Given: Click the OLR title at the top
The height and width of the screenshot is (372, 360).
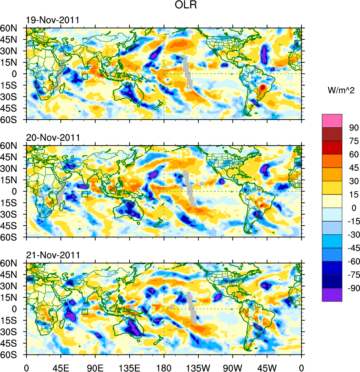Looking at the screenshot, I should pyautogui.click(x=186, y=6).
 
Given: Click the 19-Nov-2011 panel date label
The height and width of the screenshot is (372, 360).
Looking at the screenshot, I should pyautogui.click(x=53, y=20).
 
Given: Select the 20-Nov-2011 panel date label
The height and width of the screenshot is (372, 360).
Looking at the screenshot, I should pyautogui.click(x=53, y=138).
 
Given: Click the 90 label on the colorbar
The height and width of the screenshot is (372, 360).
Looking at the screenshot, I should pyautogui.click(x=353, y=128).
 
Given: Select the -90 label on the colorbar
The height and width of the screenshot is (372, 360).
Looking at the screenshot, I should pyautogui.click(x=352, y=288).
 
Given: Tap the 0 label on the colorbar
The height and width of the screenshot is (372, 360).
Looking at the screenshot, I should pyautogui.click(x=354, y=208).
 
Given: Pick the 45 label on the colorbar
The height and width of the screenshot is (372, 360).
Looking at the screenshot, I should pyautogui.click(x=353, y=168).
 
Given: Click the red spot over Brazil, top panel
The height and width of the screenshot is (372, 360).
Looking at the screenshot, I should pyautogui.click(x=263, y=87).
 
